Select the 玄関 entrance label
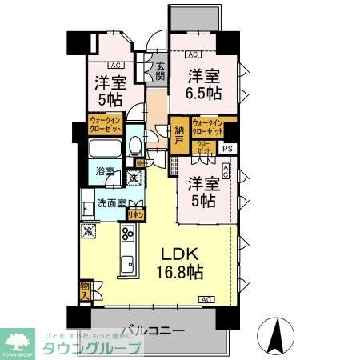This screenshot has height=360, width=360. [x=160, y=72]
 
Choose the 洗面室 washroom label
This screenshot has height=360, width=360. [x=111, y=202]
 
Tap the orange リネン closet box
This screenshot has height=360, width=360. [x=137, y=214]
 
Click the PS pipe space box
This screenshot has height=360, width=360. [x=228, y=148]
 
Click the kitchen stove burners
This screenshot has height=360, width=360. [x=127, y=234]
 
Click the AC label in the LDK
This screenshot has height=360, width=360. [x=206, y=299]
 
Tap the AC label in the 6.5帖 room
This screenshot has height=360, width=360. [x=192, y=55]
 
